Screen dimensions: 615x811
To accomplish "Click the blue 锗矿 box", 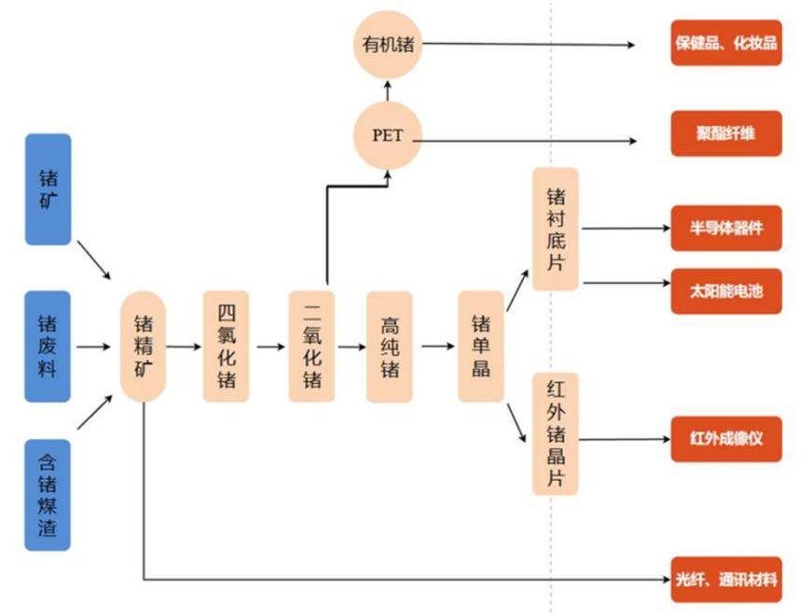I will [x=48, y=189].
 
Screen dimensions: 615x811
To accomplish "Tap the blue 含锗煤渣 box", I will [x=48, y=493].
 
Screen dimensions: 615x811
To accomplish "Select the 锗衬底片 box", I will [x=556, y=229].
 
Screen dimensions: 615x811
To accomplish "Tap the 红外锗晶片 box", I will [x=556, y=433].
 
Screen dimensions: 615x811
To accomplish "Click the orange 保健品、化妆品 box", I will [x=726, y=43].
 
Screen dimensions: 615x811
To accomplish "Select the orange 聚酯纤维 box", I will [x=726, y=133].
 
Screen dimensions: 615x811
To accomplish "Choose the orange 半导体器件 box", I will [x=726, y=228].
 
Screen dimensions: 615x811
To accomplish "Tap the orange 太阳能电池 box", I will [x=726, y=291].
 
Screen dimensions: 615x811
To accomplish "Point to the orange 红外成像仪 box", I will [x=726, y=438].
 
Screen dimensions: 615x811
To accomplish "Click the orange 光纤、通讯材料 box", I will [x=726, y=581].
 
